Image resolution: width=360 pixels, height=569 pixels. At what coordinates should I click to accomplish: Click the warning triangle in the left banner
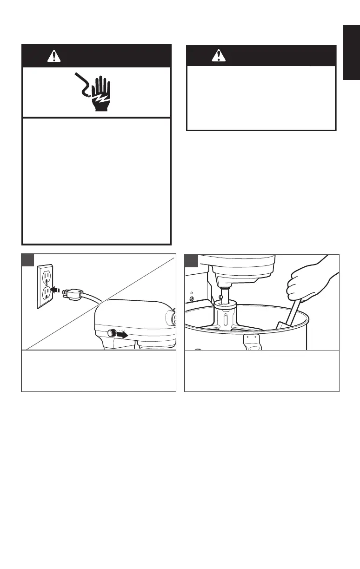[54, 56]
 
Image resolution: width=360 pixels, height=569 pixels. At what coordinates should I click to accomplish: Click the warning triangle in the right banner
[217, 56]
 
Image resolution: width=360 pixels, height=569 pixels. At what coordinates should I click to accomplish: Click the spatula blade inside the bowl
[282, 324]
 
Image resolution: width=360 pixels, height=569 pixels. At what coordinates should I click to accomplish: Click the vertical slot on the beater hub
[225, 321]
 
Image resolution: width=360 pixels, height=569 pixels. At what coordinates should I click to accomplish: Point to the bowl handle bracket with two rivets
[252, 342]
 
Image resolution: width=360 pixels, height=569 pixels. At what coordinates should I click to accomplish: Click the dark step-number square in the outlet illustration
[29, 261]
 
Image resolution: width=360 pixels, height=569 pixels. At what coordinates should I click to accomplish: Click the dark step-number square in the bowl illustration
[193, 261]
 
